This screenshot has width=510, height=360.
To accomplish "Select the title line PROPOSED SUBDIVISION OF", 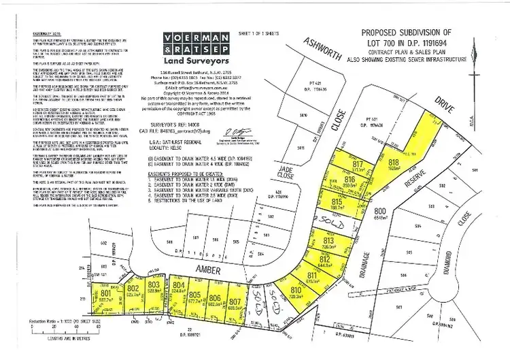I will [413, 32].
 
